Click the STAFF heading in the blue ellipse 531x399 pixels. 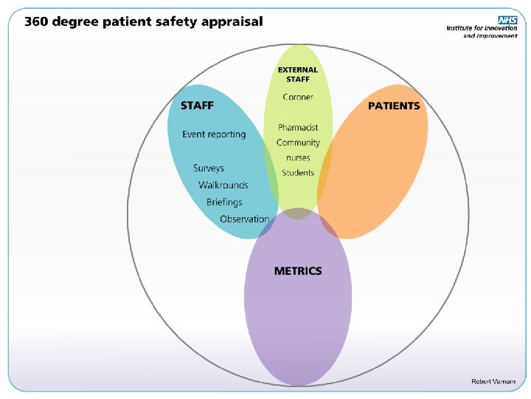(198, 106)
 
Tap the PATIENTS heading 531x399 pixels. (394, 106)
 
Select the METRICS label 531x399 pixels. (298, 271)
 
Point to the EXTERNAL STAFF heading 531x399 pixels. (298, 74)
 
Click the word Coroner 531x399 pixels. (298, 98)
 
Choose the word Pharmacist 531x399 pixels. (298, 128)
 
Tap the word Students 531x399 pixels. (298, 173)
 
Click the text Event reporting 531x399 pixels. (214, 134)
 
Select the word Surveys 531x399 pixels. (209, 168)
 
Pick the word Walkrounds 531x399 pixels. (223, 185)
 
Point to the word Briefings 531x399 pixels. (224, 202)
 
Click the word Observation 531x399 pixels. (244, 219)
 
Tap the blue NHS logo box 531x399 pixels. (507, 20)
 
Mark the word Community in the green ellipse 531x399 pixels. (298, 143)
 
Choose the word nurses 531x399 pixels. (298, 158)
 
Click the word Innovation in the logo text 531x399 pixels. (500, 28)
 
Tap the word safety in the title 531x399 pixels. (176, 21)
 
